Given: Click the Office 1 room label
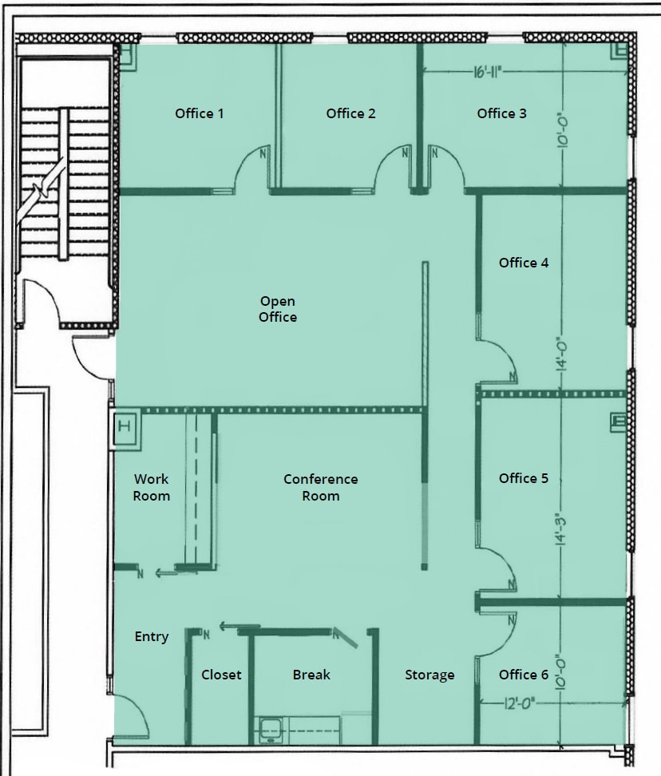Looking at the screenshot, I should pos(200,113).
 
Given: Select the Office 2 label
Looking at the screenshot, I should pos(350,113).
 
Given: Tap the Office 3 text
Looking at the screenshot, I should pos(501,113).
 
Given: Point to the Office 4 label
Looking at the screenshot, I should pos(524,263).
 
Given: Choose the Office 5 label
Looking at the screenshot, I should pos(524,478).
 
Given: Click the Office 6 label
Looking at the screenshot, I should pos(524,675).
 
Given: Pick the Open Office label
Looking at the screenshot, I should pos(278,309).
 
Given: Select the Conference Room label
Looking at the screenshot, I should pos(320,487).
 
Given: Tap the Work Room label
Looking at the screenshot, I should pos(151,487).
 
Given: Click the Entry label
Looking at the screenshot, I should pos(152,636).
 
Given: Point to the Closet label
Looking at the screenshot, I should pos(221,675).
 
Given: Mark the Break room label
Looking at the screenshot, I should pos(311,675).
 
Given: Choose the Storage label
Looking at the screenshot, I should pos(429,675).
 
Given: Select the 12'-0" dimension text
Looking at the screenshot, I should pos(519,703).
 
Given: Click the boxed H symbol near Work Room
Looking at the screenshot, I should pos(124,426).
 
